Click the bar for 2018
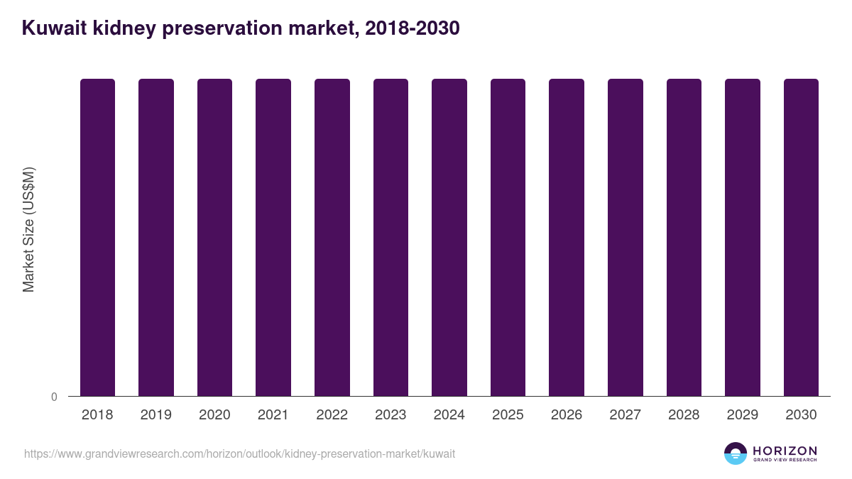97,237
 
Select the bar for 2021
273,237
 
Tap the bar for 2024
449,237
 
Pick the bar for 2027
626,237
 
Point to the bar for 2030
801,237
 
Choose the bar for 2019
156,237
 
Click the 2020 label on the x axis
214,415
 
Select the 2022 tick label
332,415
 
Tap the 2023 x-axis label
390,415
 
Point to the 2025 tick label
508,415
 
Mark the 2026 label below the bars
567,415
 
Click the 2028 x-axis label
684,415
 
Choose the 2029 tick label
743,415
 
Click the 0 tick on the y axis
54,397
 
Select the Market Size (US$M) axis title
28,229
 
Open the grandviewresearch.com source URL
239,453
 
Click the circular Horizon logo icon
736,453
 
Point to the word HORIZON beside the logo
785,450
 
